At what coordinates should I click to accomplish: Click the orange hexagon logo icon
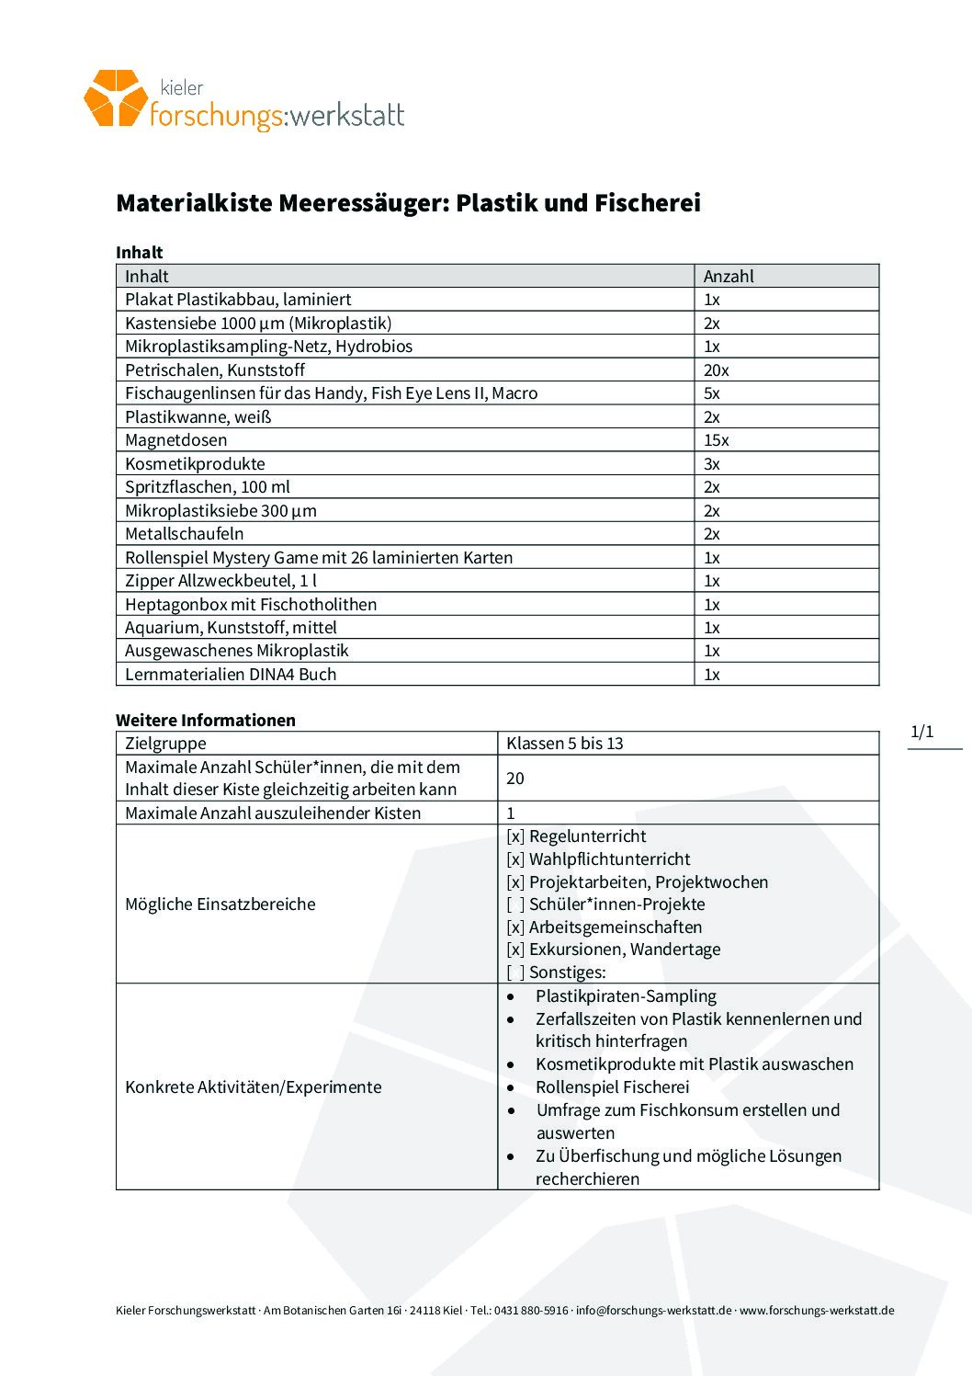coord(115,97)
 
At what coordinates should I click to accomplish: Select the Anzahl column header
coord(729,276)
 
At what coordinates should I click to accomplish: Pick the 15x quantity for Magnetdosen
coord(717,440)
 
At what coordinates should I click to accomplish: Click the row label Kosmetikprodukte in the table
coord(195,464)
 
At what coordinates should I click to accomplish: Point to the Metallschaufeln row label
coord(185,534)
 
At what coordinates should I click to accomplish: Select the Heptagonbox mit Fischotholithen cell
coord(251,605)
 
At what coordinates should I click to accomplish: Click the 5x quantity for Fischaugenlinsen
coord(712,393)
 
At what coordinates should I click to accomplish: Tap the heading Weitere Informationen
coord(206,721)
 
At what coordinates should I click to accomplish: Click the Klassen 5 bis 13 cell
coord(565,744)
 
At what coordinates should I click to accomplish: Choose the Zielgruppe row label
coord(165,744)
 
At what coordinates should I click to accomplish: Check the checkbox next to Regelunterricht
coord(515,836)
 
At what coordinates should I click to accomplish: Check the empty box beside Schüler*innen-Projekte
coord(515,904)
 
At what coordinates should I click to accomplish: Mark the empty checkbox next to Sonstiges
coord(515,972)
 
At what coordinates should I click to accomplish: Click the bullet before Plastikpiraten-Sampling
coord(511,996)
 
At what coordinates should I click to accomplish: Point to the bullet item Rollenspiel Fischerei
coord(612,1087)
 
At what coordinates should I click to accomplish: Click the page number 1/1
coord(921,732)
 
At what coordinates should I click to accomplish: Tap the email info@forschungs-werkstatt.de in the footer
coord(653,1311)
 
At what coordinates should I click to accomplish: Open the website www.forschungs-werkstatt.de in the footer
coord(817,1311)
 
